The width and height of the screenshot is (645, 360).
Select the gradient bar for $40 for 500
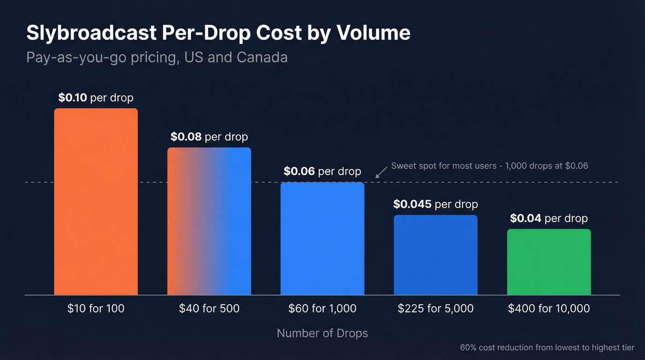pos(209,221)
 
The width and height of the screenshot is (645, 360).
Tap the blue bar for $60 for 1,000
pos(322,238)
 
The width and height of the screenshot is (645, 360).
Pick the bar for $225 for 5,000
pos(435,254)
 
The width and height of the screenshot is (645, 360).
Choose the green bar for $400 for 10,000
pos(549,261)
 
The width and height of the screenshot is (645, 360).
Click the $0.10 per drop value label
pos(96,98)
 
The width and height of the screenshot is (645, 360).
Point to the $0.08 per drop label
pos(209,137)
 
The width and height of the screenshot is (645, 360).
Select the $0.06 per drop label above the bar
pos(322,171)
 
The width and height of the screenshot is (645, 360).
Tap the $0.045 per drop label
pos(435,204)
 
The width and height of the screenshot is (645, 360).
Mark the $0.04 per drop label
pos(549,218)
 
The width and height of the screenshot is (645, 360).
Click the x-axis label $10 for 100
pos(96,308)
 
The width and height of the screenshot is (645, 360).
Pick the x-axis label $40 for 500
pos(209,308)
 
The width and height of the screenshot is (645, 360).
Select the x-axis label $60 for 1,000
pos(322,308)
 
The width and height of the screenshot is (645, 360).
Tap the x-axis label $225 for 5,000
pos(435,308)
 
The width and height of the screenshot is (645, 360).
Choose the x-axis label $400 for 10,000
pos(549,308)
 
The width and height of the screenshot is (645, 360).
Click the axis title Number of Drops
pos(322,333)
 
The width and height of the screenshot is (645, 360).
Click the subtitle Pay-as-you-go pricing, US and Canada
pos(157,57)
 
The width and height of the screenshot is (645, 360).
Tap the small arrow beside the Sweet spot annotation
pos(381,172)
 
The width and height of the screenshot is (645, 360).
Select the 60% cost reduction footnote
pos(547,348)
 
